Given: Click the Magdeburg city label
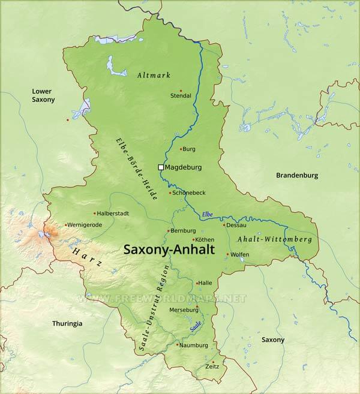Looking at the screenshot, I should point(183,167).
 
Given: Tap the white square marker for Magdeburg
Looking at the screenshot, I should point(160,167).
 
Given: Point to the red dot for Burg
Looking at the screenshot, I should point(181,149).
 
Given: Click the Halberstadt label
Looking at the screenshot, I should point(113,213).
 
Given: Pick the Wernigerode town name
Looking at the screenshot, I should point(85,225).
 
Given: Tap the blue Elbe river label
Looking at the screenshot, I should point(207,214).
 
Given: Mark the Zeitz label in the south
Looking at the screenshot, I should point(212,366).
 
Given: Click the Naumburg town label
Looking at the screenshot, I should point(194,345).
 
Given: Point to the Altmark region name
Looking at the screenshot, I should point(154,76).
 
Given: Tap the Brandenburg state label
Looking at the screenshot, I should point(297,176).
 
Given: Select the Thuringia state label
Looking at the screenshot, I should point(67,324).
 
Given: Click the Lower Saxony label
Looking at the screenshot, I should point(43,95).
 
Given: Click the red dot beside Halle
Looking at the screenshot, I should point(197,283).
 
